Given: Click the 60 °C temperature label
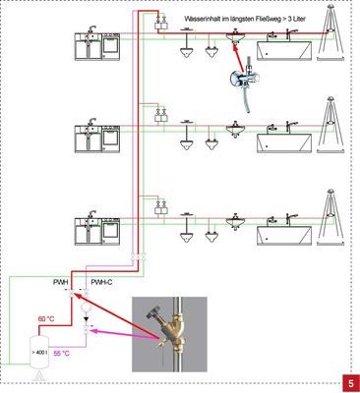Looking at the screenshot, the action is click(46, 318).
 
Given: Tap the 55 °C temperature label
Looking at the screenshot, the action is click(61, 354).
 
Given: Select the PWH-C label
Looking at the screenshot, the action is click(101, 282).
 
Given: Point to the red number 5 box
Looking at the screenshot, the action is click(351, 383).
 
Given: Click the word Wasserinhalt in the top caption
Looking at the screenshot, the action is click(201, 19).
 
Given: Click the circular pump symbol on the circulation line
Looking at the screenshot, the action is click(87, 308).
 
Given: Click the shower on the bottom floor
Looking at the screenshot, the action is click(330, 217).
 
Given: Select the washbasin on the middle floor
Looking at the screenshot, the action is click(235, 130).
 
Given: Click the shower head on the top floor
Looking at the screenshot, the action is click(330, 7).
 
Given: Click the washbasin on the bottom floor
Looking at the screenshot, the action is click(235, 221).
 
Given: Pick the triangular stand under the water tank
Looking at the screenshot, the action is click(39, 375).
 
